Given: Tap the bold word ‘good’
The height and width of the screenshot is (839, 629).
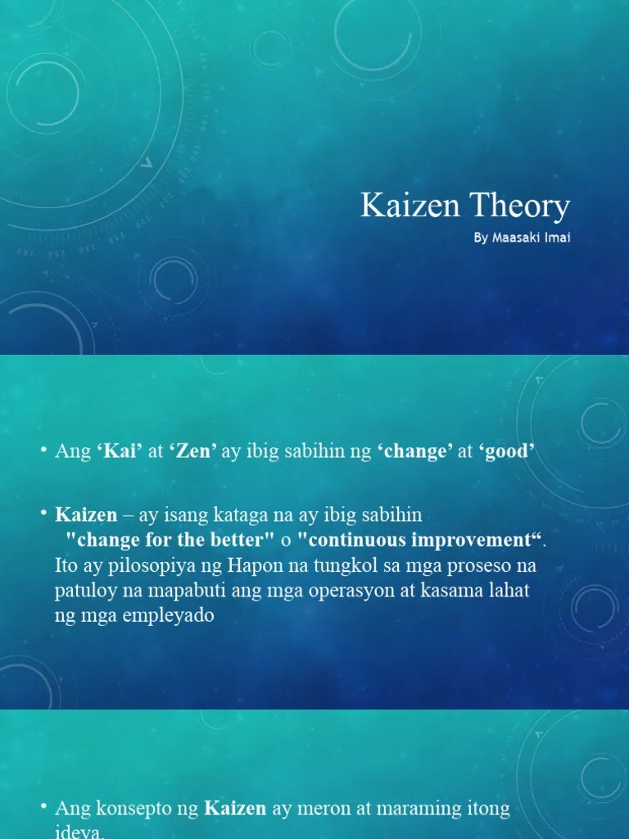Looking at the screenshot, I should [507, 451].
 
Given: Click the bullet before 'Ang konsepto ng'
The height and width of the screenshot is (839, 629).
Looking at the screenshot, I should [43, 807].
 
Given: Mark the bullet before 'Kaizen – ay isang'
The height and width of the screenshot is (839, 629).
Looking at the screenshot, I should [43, 514].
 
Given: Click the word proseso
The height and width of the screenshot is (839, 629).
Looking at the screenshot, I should [483, 566].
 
